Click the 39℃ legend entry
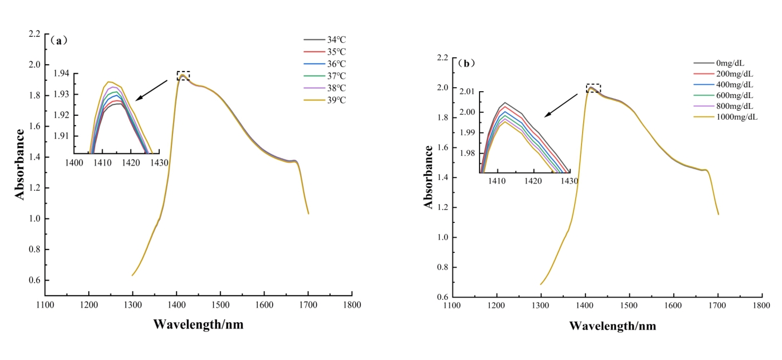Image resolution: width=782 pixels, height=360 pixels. [x=324, y=100]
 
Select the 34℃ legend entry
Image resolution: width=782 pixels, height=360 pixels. [x=324, y=40]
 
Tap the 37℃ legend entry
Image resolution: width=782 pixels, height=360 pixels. [x=324, y=76]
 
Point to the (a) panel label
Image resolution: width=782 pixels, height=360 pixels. [x=59, y=40]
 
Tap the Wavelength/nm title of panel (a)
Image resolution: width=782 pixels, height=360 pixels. [x=198, y=324]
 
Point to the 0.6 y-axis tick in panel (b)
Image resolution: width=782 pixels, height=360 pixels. [x=441, y=297]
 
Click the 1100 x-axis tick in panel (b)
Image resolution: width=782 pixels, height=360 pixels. [x=452, y=306]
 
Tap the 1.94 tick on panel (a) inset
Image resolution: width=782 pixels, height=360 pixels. [x=61, y=73]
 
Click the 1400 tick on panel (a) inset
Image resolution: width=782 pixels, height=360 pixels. [x=74, y=163]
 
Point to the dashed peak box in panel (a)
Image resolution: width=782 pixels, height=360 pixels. [x=183, y=76]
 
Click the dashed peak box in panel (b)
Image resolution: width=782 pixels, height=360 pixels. [x=593, y=88]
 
